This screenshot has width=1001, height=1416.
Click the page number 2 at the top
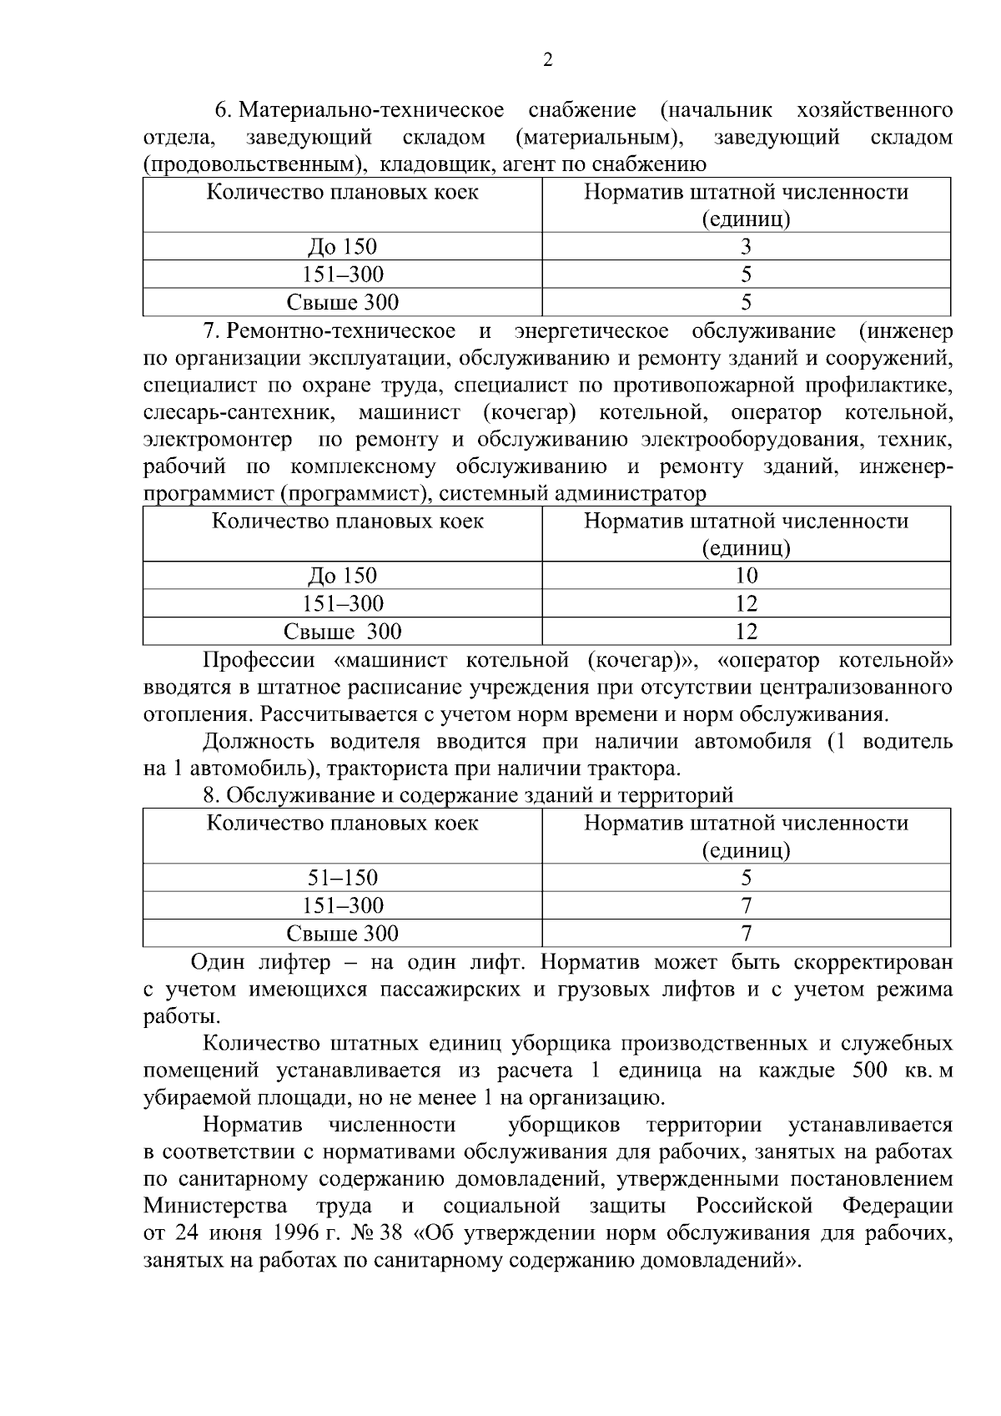[547, 60]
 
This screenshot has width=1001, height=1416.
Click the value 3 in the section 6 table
[746, 247]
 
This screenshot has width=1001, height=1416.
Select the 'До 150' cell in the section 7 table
[342, 576]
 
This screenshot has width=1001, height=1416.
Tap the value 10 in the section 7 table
[746, 576]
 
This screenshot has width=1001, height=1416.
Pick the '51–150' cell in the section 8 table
[342, 878]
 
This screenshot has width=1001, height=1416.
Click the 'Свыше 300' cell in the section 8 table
[342, 933]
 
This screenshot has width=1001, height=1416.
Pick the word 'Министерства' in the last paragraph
[215, 1207]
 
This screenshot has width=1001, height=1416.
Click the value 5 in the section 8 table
[746, 878]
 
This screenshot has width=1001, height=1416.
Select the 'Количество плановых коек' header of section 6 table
[342, 193]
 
